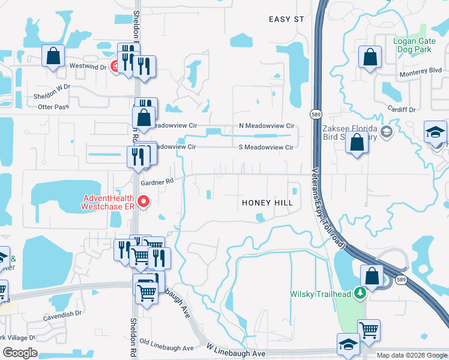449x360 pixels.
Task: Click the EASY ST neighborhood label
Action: click(287, 20)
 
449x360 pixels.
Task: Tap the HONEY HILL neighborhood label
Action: click(267, 203)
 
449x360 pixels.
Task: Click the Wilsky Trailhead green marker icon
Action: click(360, 294)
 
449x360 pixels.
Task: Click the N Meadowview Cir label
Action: click(267, 126)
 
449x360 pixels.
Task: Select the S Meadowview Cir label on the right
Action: click(266, 147)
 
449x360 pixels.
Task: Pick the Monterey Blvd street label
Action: click(421, 70)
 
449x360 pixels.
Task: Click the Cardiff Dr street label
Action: click(402, 110)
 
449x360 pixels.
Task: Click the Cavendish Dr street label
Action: click(62, 314)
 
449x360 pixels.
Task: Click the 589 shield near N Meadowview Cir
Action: click(315, 114)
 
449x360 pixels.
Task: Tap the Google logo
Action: click(20, 353)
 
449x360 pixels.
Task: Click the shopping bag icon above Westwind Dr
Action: click(53, 56)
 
